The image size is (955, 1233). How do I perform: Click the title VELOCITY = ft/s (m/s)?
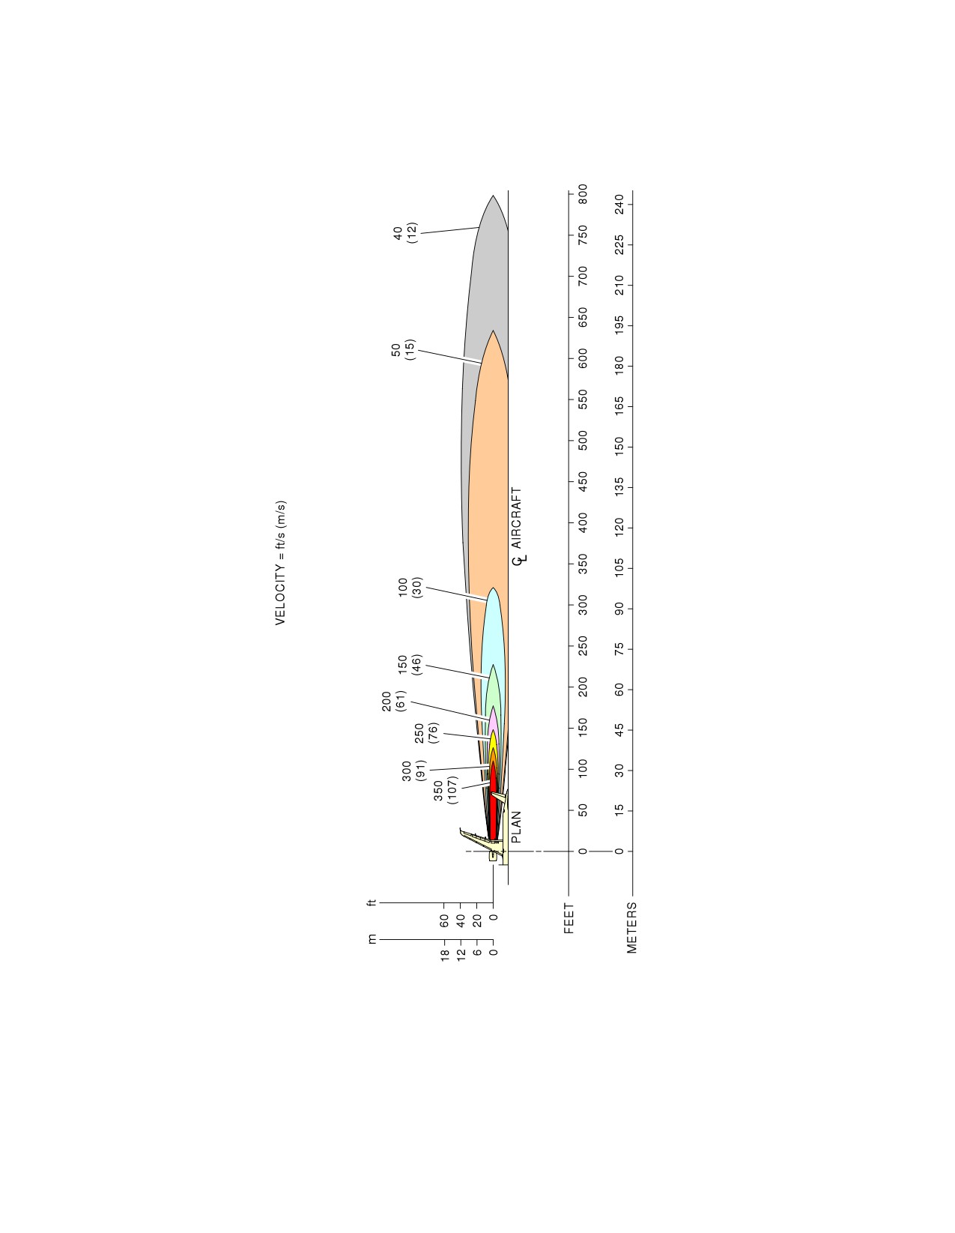(x=281, y=562)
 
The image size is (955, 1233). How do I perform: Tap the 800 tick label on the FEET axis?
(x=583, y=194)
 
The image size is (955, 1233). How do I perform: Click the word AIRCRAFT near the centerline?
(x=516, y=517)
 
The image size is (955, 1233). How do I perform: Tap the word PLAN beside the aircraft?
(x=516, y=827)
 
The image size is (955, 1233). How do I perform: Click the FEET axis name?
(x=569, y=919)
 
